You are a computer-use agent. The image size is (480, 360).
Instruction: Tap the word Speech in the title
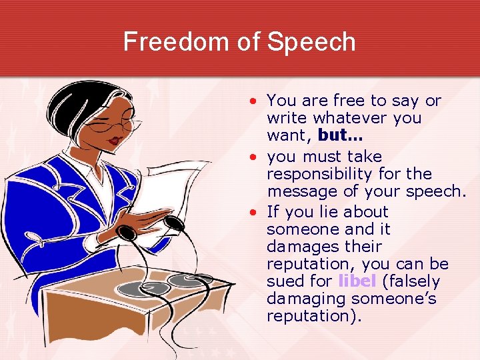(x=311, y=43)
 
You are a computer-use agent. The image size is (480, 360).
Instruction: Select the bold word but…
(x=341, y=135)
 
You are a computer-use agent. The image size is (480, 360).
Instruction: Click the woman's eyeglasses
(x=123, y=125)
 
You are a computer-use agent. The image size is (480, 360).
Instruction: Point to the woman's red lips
(x=115, y=141)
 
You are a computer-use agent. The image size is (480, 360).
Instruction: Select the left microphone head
(x=127, y=233)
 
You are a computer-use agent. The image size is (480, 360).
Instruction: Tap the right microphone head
(x=174, y=223)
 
